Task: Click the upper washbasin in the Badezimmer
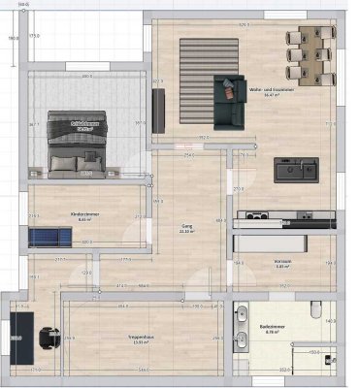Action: (x=241, y=314)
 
